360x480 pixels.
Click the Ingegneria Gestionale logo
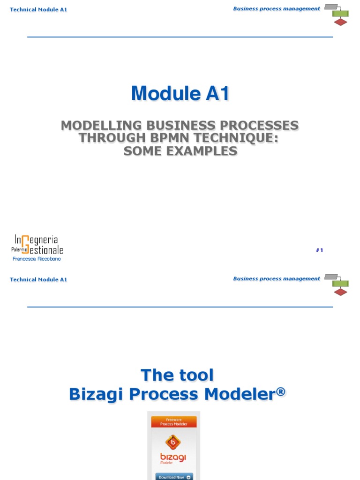[37, 245]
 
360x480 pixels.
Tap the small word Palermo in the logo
[20, 250]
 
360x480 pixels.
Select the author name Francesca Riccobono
[37, 259]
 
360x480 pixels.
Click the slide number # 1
[320, 250]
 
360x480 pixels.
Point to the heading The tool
[177, 375]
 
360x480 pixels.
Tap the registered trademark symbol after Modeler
[280, 391]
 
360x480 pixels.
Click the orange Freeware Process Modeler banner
[174, 421]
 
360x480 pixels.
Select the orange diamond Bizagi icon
[173, 442]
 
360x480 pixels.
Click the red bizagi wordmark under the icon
[173, 457]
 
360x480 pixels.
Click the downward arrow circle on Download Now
[188, 477]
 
